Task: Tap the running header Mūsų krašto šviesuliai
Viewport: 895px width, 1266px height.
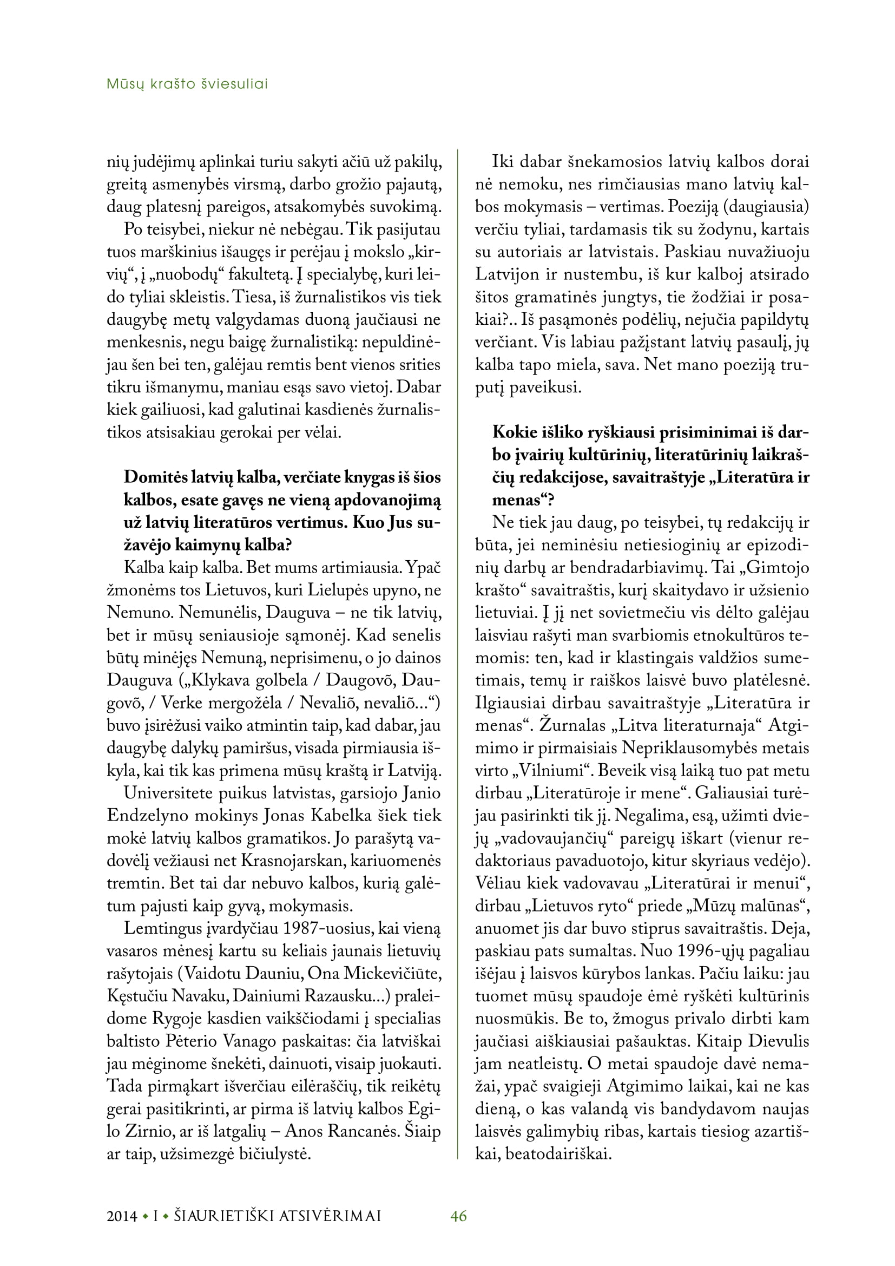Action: [187, 84]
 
